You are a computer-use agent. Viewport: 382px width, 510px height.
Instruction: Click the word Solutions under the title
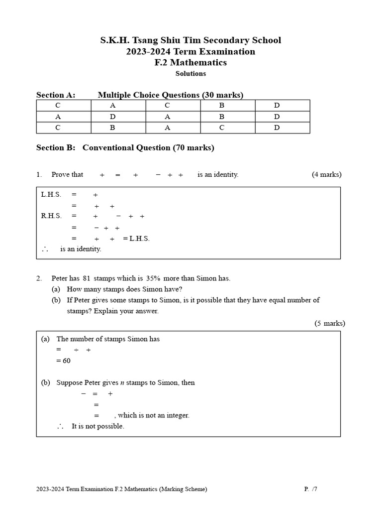coord(191,74)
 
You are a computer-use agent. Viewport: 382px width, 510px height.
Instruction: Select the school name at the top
coord(191,40)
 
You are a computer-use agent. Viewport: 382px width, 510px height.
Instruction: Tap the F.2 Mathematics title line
coord(191,63)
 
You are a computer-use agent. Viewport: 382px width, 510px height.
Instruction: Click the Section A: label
coord(56,95)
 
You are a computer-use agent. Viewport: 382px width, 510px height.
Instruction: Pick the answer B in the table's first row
coord(222,106)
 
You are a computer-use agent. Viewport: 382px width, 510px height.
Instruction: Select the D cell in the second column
coord(113,117)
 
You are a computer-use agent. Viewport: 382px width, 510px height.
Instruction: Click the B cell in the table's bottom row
coord(113,127)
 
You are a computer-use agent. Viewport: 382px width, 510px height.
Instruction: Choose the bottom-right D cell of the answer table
coord(277,127)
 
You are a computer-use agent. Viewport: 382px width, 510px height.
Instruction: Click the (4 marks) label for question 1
coord(326,174)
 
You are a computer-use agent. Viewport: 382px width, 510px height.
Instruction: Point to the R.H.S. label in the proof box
coord(51,216)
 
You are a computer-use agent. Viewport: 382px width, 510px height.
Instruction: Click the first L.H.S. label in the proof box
coord(51,195)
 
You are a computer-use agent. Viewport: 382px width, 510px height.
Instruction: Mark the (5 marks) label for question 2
coord(329,323)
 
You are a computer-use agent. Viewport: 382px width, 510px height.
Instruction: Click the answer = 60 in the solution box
coord(64,361)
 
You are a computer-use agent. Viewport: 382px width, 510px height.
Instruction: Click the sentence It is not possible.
coord(98,426)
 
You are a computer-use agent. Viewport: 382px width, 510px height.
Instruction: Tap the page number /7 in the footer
coord(314,489)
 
